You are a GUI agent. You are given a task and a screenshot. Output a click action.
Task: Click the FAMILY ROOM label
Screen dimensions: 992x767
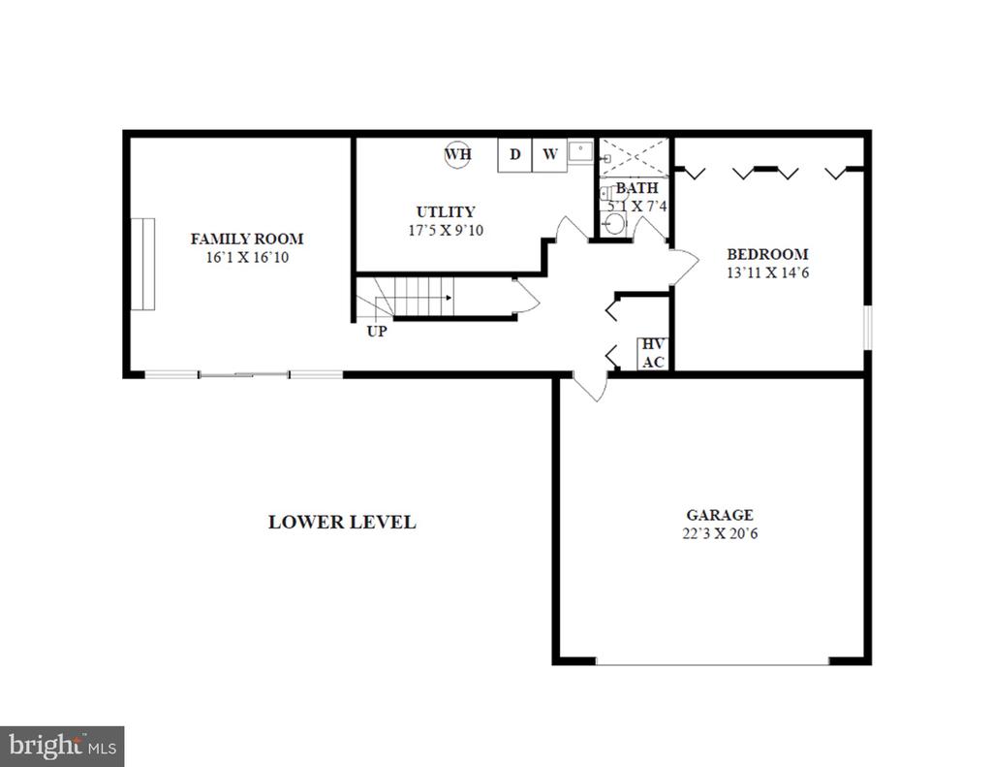pyautogui.click(x=247, y=239)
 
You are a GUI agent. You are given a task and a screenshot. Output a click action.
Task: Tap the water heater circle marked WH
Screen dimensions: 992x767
pyautogui.click(x=457, y=154)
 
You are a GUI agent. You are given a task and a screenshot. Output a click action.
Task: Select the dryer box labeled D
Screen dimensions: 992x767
pyautogui.click(x=515, y=155)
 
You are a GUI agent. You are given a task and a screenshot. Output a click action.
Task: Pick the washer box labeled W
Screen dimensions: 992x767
pyautogui.click(x=550, y=155)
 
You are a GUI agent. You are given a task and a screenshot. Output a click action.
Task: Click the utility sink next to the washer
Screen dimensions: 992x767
pyautogui.click(x=580, y=152)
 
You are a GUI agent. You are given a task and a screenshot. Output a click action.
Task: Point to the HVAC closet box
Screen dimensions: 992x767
pyautogui.click(x=653, y=353)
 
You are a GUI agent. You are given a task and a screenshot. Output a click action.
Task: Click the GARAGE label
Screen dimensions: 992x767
pyautogui.click(x=720, y=515)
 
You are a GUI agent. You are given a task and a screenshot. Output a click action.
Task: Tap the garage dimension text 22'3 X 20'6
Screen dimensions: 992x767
pyautogui.click(x=720, y=533)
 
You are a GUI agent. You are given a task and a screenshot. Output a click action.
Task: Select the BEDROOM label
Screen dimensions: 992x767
pyautogui.click(x=767, y=254)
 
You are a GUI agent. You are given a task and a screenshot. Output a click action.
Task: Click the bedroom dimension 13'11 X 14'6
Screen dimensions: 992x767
pyautogui.click(x=767, y=272)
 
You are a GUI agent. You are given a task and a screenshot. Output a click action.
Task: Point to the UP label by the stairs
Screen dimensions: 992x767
pyautogui.click(x=377, y=332)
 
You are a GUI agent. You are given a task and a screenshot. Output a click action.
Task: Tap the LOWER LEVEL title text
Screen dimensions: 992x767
pyautogui.click(x=342, y=522)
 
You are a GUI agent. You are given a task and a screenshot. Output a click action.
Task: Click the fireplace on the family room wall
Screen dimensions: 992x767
pyautogui.click(x=143, y=264)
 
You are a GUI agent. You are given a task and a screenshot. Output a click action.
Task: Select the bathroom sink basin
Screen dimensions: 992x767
pyautogui.click(x=613, y=224)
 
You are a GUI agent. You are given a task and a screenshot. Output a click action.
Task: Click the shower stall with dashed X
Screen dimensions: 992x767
pyautogui.click(x=634, y=158)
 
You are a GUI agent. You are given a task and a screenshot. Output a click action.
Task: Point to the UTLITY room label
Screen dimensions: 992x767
pyautogui.click(x=446, y=211)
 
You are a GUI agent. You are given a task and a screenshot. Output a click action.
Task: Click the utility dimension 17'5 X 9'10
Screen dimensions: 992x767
pyautogui.click(x=446, y=230)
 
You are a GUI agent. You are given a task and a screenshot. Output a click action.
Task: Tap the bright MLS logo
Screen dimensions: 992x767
pyautogui.click(x=62, y=746)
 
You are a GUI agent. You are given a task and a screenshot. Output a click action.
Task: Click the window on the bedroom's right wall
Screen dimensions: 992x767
pyautogui.click(x=868, y=328)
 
